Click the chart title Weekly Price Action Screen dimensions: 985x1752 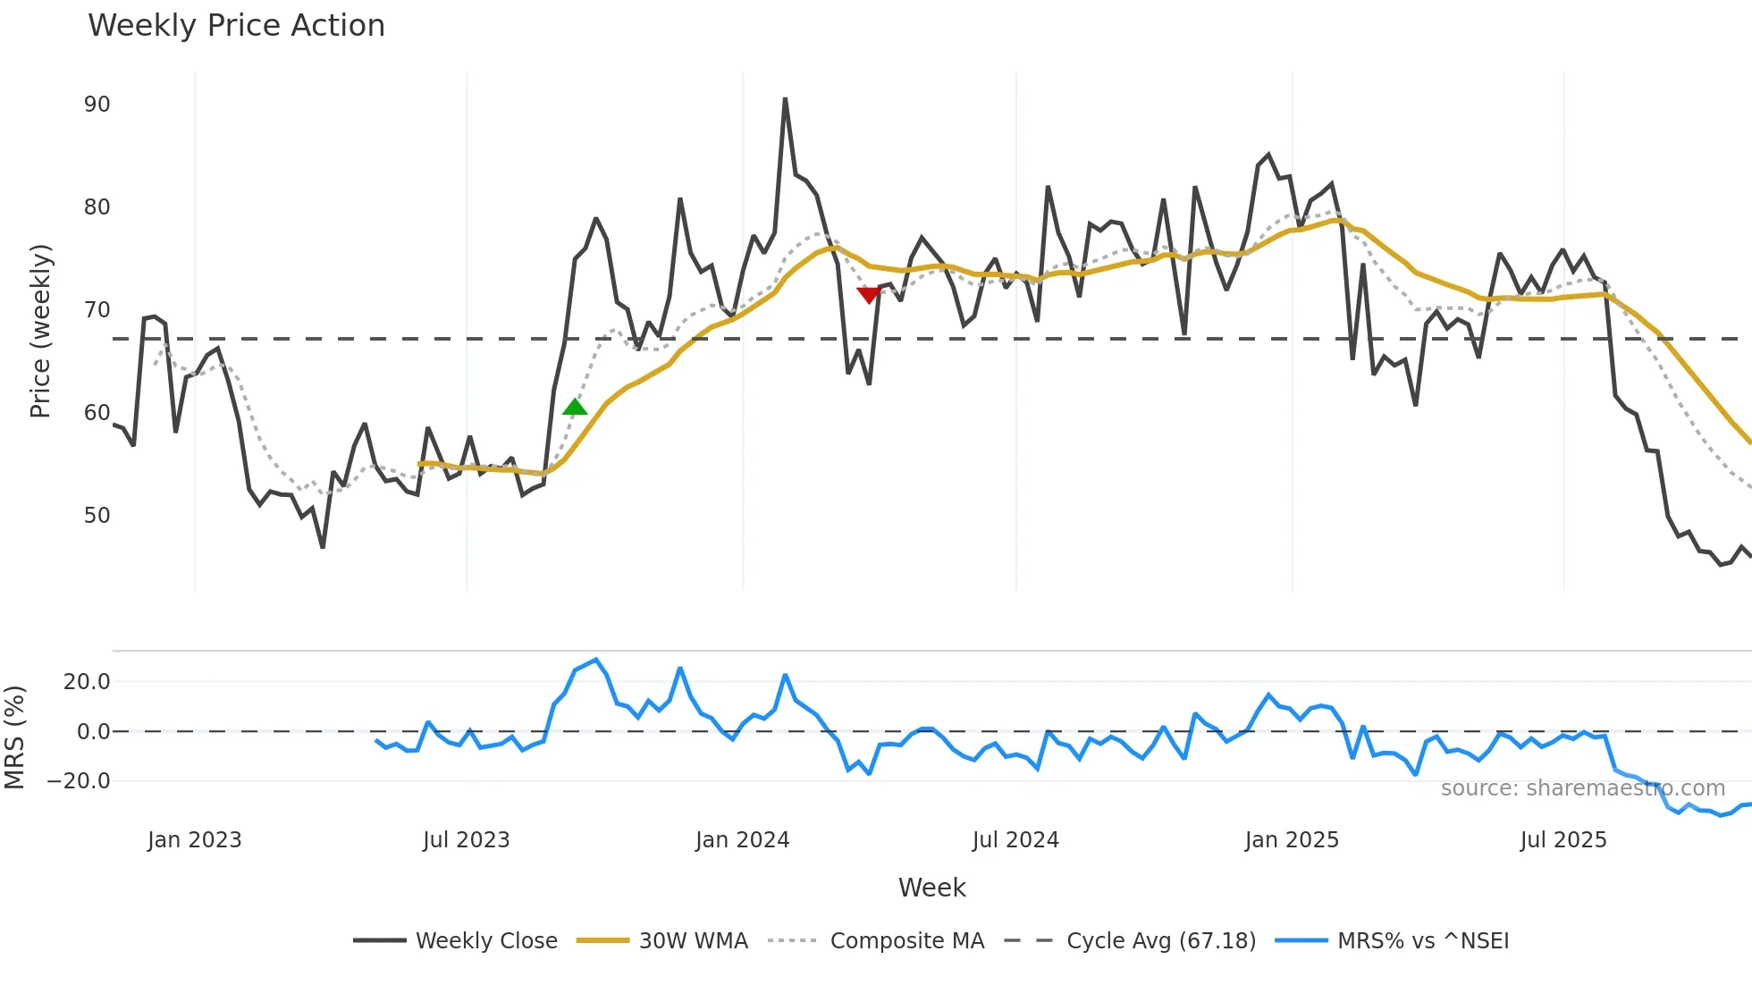click(236, 26)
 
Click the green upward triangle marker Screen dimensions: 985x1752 click(575, 408)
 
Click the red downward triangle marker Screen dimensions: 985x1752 click(868, 295)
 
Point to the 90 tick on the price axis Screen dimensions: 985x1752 click(97, 105)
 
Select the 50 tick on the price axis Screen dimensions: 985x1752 click(97, 516)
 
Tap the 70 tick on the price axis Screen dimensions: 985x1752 click(97, 310)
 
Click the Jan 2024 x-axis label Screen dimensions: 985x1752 click(742, 840)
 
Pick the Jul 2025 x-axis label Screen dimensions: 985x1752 click(1562, 840)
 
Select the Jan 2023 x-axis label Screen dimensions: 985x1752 click(194, 840)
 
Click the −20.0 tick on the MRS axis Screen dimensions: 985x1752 click(78, 781)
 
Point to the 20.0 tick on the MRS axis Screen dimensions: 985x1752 click(86, 682)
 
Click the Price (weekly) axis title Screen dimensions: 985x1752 click(40, 331)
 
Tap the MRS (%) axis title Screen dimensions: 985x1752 click(14, 737)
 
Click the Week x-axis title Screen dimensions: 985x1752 click(931, 888)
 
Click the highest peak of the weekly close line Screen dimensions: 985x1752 click(785, 99)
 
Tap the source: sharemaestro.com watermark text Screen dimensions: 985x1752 click(1582, 788)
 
